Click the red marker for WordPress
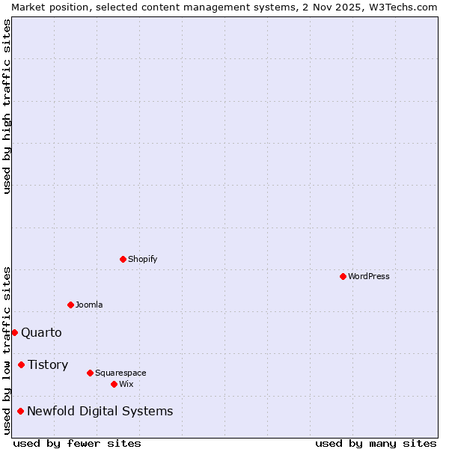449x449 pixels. (x=343, y=276)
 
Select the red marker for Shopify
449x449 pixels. (x=123, y=259)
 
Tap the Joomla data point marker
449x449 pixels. (x=70, y=305)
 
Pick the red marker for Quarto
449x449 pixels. (x=14, y=332)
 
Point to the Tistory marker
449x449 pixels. (x=21, y=364)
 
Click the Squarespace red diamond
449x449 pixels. (x=90, y=373)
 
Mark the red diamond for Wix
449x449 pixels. (x=114, y=384)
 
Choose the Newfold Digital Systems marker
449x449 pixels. (x=20, y=411)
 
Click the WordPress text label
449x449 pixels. (x=369, y=276)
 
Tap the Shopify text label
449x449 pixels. (x=142, y=259)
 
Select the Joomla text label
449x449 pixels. (x=89, y=305)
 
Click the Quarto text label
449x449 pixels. (x=41, y=332)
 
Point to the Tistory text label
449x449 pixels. (x=48, y=364)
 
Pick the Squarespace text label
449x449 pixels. (x=120, y=373)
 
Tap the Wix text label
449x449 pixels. (x=126, y=384)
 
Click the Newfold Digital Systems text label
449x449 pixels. (x=100, y=411)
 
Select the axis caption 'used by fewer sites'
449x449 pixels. (x=77, y=443)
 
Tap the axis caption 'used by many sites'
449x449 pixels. (x=376, y=443)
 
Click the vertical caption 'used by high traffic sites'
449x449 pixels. (x=7, y=106)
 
